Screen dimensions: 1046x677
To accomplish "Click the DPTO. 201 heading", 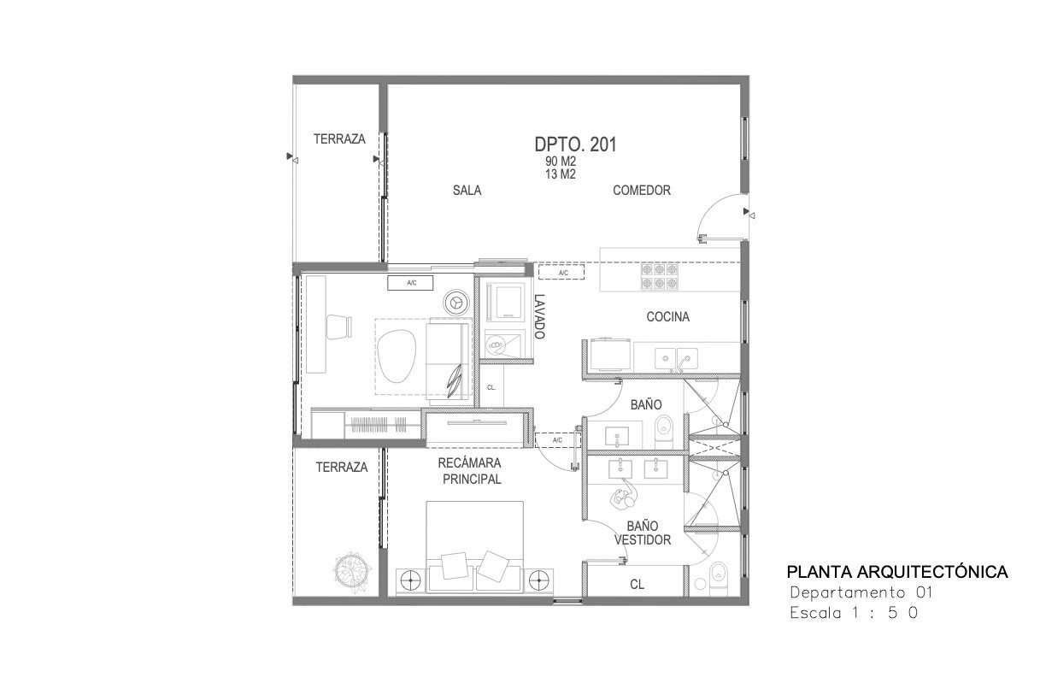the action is coord(575,144).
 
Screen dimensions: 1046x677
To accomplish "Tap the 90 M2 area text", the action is coord(561,162).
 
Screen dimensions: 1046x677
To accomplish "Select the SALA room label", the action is coord(467,190).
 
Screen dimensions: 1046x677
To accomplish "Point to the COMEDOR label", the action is coord(642,190).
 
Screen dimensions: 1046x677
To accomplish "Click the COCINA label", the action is coord(667,317).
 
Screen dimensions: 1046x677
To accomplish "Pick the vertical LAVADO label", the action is coord(540,316).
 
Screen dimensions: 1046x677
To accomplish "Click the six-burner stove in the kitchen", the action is coord(660,277).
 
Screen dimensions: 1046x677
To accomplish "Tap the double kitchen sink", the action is coord(676,359).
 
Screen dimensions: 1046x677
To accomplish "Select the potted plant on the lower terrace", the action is coord(352,570).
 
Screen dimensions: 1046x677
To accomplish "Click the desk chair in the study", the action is coord(339,327).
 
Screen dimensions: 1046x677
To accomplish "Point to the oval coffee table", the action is coord(397,356).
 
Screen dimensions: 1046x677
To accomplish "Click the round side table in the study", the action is coord(456,303).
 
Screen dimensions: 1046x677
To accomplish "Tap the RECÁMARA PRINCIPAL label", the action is coord(471,471).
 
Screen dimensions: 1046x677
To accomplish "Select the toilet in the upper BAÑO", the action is coord(664,432).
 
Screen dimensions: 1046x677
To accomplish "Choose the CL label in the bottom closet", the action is coord(637,585).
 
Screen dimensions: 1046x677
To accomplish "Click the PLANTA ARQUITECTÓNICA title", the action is coord(897,572).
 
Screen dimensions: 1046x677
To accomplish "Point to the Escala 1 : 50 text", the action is coord(854,613).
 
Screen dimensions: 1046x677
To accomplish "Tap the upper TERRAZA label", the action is coord(339,138).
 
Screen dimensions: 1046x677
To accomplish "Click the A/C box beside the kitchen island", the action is coord(561,272).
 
